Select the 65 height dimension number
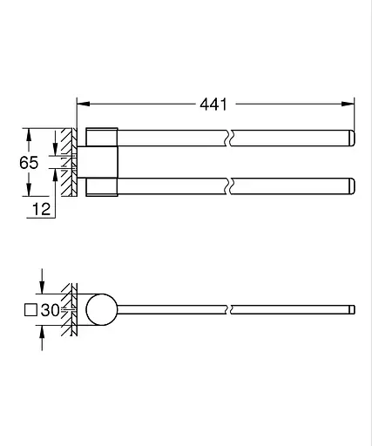click(x=29, y=161)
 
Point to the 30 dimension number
click(x=50, y=309)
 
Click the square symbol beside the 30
click(x=30, y=309)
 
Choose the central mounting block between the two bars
click(x=100, y=161)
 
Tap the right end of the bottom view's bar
click(x=352, y=309)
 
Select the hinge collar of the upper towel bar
click(x=101, y=138)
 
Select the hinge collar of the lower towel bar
click(x=101, y=186)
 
